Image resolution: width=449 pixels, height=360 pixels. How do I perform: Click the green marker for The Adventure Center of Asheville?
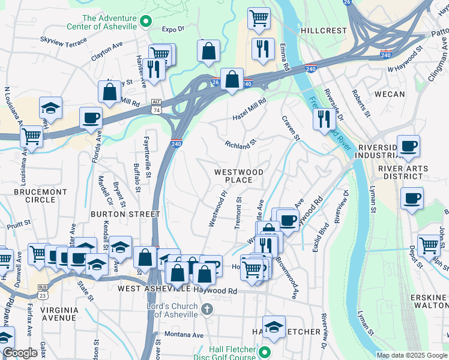145,23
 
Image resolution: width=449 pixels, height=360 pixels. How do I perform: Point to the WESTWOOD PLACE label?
239,176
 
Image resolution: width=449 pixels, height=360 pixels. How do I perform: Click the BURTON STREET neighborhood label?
125,214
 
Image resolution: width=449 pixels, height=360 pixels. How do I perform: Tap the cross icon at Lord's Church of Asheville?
206,310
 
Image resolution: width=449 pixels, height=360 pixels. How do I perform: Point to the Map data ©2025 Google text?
412,355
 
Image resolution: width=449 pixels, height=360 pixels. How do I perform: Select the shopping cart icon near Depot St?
429,244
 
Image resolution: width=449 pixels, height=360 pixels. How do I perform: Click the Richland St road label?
240,144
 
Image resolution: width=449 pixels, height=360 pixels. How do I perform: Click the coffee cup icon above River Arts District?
408,146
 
